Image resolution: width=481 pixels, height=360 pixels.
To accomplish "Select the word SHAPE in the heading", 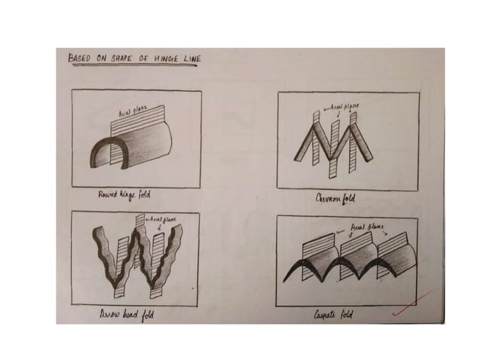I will coord(120,57).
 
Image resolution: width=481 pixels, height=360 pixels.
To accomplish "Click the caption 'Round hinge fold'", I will coord(126,195).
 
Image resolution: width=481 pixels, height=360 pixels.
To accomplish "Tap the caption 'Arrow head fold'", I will coord(127,316).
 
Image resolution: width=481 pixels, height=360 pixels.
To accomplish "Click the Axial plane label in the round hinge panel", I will coord(130,113).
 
